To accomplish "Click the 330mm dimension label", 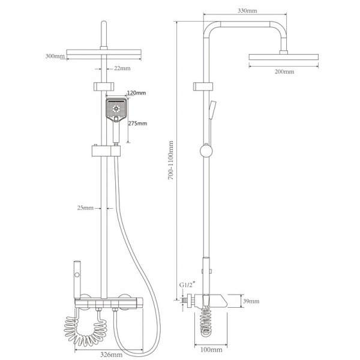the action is pyautogui.click(x=247, y=11).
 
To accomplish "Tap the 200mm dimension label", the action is pyautogui.click(x=284, y=71).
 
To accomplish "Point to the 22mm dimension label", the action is pyautogui.click(x=122, y=68).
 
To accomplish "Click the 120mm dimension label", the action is pyautogui.click(x=136, y=93).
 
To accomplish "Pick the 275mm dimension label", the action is pyautogui.click(x=137, y=124).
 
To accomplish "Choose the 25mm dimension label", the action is pyautogui.click(x=85, y=208).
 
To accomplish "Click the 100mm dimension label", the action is pyautogui.click(x=211, y=350).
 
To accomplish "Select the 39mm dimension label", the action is pyautogui.click(x=251, y=301).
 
